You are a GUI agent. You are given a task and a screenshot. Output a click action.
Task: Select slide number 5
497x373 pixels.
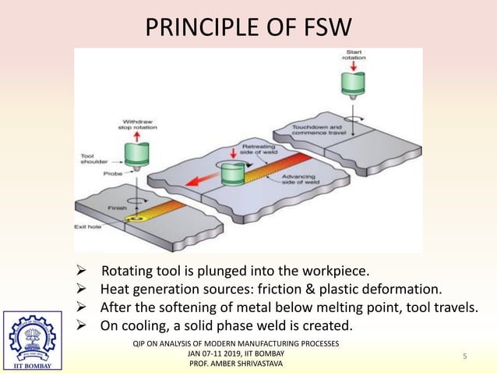(x=464, y=357)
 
